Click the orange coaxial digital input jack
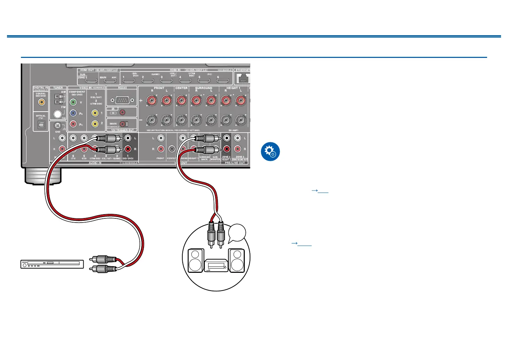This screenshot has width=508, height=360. pos(41,102)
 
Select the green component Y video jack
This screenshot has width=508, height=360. pos(73,102)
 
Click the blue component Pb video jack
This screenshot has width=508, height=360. pos(73,113)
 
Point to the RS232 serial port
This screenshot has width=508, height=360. pos(122,100)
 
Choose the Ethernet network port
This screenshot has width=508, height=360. pos(243,79)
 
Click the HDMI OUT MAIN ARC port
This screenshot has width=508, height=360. pos(110,81)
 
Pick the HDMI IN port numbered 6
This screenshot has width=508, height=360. pos(222,81)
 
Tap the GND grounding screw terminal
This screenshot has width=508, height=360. pos(58,126)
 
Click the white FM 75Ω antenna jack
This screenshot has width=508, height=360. pos(58,114)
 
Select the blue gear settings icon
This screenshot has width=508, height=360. pos(270,152)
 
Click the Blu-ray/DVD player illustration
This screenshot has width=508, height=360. pos(52,264)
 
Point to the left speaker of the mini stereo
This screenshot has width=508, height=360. pos(196,260)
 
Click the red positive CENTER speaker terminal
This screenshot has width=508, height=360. pos(181,102)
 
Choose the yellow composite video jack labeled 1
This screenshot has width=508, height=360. pos(95,113)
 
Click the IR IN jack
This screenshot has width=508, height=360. pos(122,113)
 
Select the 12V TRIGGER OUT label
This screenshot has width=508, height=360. pos(122,130)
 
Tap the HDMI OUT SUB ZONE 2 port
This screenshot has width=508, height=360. pos(91,81)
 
